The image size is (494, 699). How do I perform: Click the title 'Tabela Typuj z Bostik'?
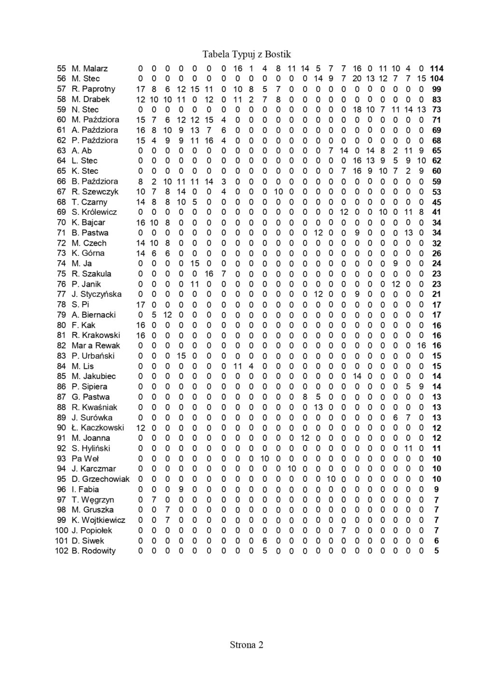(247, 54)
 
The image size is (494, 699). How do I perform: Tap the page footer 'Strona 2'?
(247, 644)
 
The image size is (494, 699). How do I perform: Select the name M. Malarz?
(90, 69)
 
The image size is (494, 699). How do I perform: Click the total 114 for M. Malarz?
(437, 69)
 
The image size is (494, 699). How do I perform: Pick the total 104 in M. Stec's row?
(437, 79)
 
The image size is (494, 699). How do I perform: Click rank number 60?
(61, 120)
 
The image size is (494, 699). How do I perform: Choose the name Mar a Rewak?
(96, 346)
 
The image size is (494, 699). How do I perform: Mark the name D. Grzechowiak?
(100, 479)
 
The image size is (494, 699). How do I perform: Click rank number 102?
(62, 551)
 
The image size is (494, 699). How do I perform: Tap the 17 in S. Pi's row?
(140, 305)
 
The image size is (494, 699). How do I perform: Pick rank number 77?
(61, 294)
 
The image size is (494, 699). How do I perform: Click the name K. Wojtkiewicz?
(98, 520)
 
